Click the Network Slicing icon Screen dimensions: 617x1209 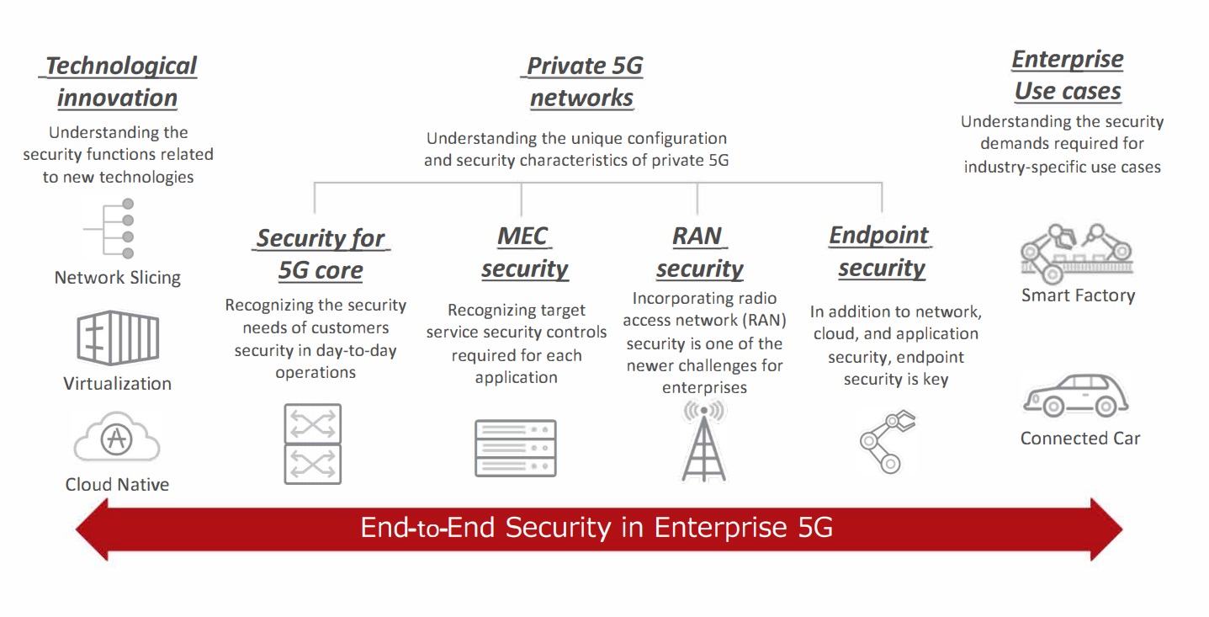[x=109, y=228]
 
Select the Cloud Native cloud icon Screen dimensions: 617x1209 [x=117, y=437]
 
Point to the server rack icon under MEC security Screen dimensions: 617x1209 [x=516, y=448]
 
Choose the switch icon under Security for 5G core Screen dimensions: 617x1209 [x=313, y=444]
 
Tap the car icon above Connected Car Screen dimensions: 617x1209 [x=1074, y=396]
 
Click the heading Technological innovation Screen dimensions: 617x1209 [x=118, y=82]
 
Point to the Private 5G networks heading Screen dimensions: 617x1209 [x=582, y=82]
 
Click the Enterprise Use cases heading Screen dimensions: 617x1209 [x=1067, y=75]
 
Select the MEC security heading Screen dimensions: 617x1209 [x=524, y=253]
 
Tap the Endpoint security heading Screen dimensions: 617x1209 [x=880, y=252]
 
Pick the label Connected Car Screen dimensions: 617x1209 [x=1079, y=439]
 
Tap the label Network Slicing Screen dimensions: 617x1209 [x=118, y=278]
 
